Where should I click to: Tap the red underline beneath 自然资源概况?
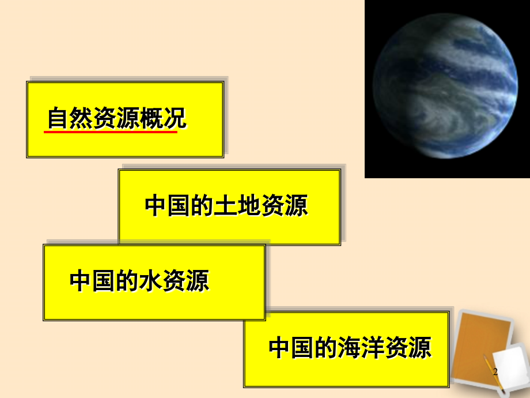pyautogui.click(x=111, y=132)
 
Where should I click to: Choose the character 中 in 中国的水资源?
pyautogui.click(x=81, y=281)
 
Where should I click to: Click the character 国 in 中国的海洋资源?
pyautogui.click(x=304, y=348)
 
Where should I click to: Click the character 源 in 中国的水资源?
pyautogui.click(x=198, y=281)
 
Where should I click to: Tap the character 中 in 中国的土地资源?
pyautogui.click(x=156, y=206)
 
